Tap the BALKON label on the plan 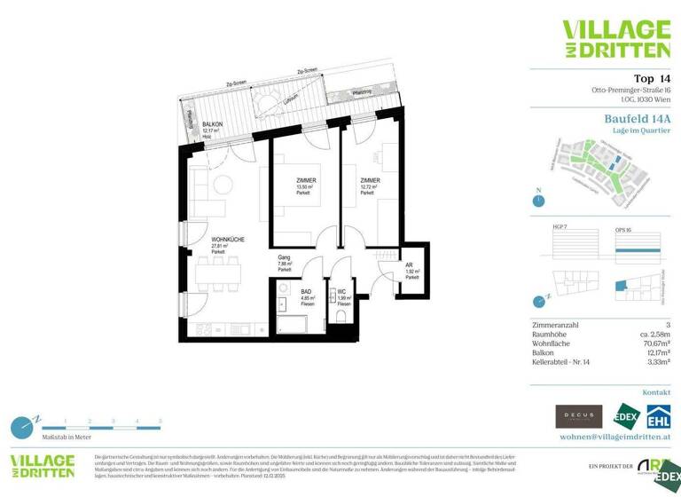click(x=213, y=125)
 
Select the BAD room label click(x=307, y=291)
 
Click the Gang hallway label click(x=285, y=258)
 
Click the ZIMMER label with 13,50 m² click(x=306, y=180)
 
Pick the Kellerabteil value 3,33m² click(x=656, y=361)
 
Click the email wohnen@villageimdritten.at click(x=615, y=437)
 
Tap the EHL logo click(x=657, y=416)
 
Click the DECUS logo click(x=578, y=416)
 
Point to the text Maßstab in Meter click(x=66, y=438)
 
